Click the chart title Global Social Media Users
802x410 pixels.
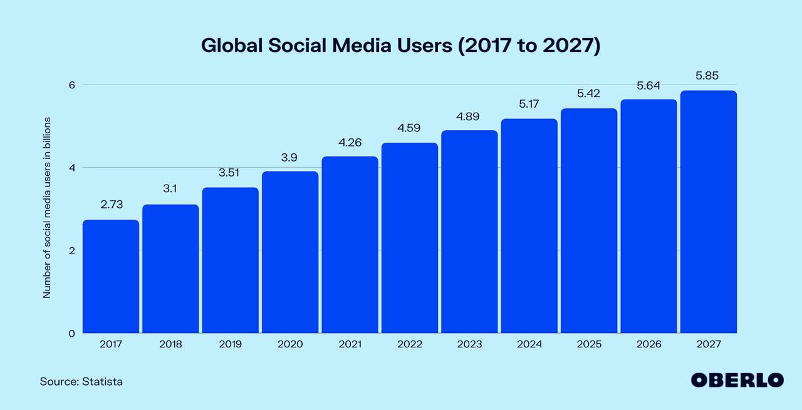point(400,46)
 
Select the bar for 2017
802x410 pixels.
point(111,276)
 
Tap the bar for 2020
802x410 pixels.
point(290,252)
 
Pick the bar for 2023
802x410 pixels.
point(469,232)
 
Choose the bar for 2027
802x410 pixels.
point(708,212)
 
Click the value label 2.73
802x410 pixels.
point(111,205)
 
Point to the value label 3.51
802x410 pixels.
point(230,172)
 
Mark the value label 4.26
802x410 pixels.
point(350,142)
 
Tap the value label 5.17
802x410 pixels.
point(529,104)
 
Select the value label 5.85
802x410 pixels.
point(708,76)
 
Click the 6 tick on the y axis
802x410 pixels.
point(71,85)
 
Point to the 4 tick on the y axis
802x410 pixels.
point(71,168)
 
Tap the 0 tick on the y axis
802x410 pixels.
point(71,333)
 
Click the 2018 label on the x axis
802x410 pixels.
point(170,344)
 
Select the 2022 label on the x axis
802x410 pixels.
point(409,344)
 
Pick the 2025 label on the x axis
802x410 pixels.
point(588,344)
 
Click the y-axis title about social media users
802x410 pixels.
point(47,207)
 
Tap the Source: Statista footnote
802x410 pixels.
point(81,381)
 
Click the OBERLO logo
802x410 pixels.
point(737,380)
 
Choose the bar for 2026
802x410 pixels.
point(648,216)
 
